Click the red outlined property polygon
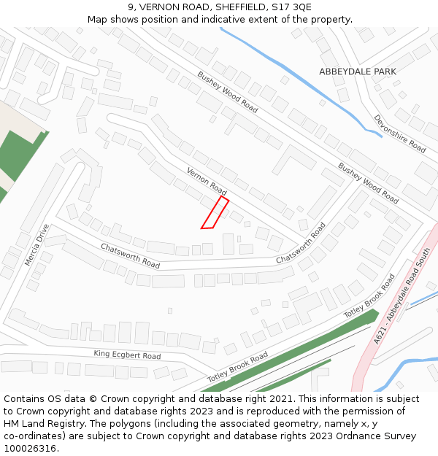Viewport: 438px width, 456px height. pyautogui.click(x=215, y=214)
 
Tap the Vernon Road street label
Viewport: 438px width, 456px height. pyautogui.click(x=207, y=179)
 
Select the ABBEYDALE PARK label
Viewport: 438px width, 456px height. pyautogui.click(x=358, y=72)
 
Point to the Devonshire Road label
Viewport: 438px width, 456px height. pyautogui.click(x=399, y=134)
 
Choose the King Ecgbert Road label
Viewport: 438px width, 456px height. pyautogui.click(x=127, y=355)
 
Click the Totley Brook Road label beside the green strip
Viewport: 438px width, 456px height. pyautogui.click(x=237, y=367)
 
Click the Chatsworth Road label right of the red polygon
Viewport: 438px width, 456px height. pyautogui.click(x=301, y=244)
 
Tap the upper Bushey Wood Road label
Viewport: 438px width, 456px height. pyautogui.click(x=228, y=92)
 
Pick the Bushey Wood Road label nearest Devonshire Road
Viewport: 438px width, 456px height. pyautogui.click(x=368, y=183)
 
